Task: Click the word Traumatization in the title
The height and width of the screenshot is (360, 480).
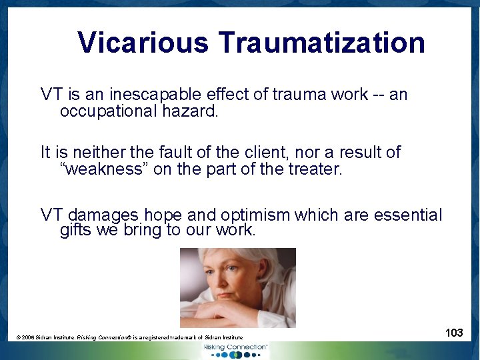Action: (322, 43)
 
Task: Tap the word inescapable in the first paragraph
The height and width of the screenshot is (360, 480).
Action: (141, 95)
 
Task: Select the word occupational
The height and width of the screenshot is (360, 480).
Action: (109, 111)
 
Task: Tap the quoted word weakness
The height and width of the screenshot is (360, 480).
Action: (104, 169)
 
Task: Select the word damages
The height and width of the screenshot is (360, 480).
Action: (103, 215)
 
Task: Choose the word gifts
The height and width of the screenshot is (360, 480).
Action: (75, 231)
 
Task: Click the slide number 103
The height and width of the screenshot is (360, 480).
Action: (454, 333)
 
